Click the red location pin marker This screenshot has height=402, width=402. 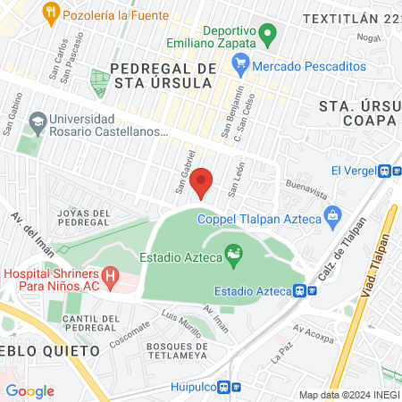pyautogui.click(x=202, y=181)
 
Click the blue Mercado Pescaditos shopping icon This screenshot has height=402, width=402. pyautogui.click(x=239, y=66)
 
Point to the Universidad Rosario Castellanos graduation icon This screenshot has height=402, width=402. pyautogui.click(x=38, y=120)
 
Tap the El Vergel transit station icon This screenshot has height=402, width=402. pyautogui.click(x=387, y=172)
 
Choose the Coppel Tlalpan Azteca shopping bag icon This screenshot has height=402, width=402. pyautogui.click(x=333, y=214)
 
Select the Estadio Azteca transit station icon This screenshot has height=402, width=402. pyautogui.click(x=303, y=290)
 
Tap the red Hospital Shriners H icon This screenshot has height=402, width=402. pyautogui.click(x=110, y=277)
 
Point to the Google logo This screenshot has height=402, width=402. pyautogui.click(x=29, y=390)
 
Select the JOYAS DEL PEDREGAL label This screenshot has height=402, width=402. pyautogui.click(x=83, y=218)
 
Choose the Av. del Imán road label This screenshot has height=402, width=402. pyautogui.click(x=29, y=230)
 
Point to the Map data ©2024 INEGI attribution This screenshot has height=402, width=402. pyautogui.click(x=348, y=395)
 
